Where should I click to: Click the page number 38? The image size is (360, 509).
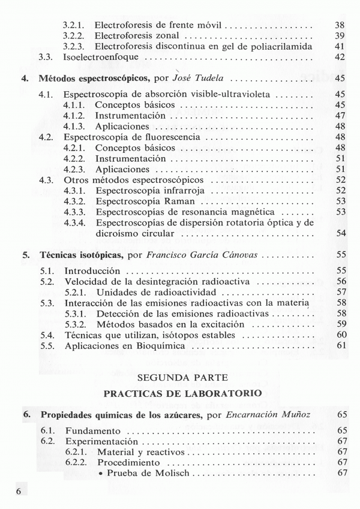(339, 26)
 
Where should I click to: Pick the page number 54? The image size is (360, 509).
(339, 233)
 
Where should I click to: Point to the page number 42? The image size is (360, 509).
(339, 57)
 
